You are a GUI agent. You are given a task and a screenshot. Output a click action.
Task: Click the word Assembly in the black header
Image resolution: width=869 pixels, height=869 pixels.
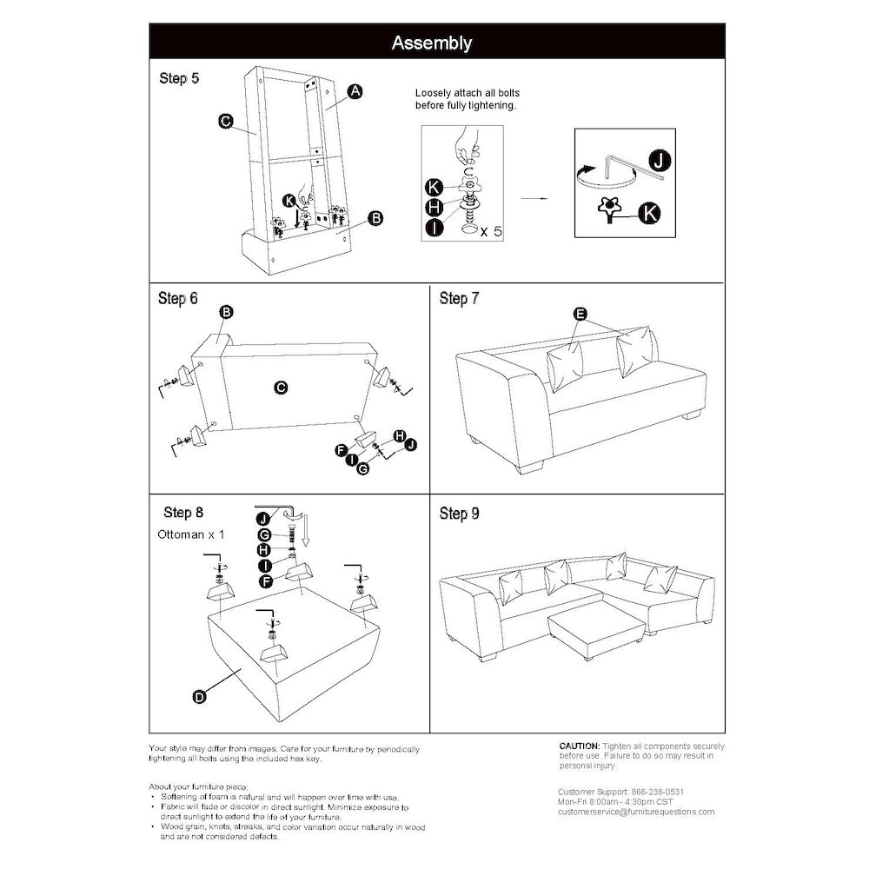click(432, 43)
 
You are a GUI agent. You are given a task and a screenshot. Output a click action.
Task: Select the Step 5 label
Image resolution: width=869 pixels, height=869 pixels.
click(179, 78)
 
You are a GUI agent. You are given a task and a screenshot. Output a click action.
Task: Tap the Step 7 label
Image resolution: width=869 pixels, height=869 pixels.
click(460, 299)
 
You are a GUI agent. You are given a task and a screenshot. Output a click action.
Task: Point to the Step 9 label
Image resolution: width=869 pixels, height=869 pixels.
click(460, 514)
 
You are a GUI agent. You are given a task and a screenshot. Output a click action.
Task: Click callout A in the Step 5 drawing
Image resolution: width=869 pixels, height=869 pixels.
click(355, 91)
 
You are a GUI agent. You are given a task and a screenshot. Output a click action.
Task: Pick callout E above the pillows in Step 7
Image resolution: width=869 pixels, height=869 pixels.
click(580, 314)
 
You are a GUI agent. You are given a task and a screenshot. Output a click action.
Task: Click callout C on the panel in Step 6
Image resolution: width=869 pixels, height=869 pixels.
click(281, 388)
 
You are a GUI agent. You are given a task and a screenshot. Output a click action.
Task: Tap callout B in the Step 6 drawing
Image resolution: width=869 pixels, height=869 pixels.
click(225, 312)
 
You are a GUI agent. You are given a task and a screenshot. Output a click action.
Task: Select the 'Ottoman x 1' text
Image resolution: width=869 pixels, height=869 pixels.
click(191, 534)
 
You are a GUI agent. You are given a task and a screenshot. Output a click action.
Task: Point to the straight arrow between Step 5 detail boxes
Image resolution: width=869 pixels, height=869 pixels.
click(534, 199)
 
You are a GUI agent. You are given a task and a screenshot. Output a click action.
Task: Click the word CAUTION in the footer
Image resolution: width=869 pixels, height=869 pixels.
click(579, 746)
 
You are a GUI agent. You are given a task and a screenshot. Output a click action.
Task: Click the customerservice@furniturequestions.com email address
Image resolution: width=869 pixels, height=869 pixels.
click(636, 812)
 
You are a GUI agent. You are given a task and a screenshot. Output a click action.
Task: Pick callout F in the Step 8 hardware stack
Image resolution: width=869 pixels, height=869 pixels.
click(267, 580)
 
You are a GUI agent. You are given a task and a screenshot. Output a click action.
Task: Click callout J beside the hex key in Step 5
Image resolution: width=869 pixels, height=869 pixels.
click(660, 160)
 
